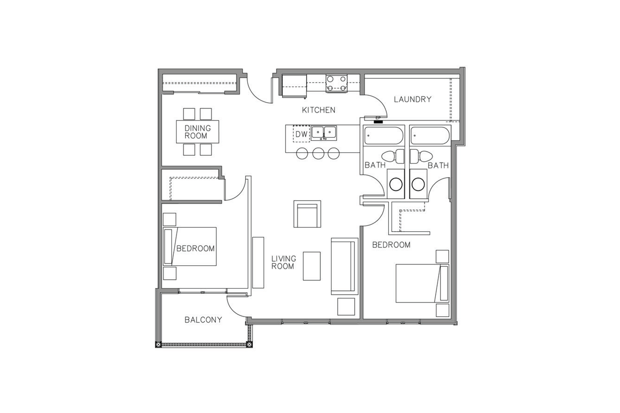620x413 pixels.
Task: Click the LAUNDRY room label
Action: click(413, 99)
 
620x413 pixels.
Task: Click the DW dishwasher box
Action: click(301, 134)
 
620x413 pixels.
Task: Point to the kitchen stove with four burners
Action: click(336, 83)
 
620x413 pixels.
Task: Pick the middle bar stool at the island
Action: click(318, 153)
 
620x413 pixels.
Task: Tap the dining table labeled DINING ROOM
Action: click(197, 132)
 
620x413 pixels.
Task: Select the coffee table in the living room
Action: click(312, 266)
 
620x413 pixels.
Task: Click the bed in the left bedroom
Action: click(190, 246)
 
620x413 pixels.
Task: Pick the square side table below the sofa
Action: click(346, 307)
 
